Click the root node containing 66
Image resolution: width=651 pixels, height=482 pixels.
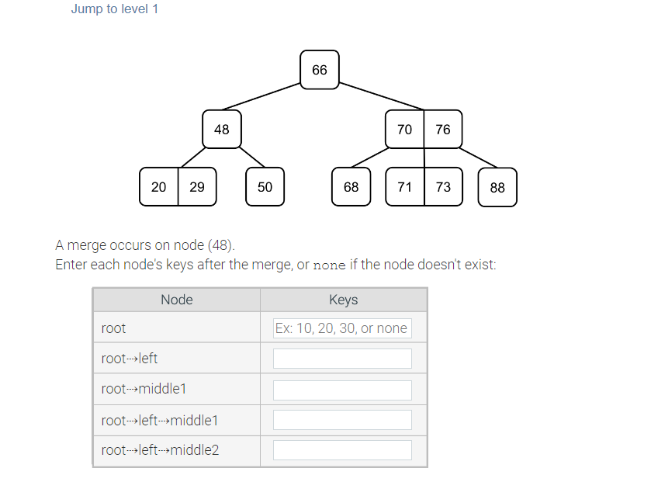[320, 70]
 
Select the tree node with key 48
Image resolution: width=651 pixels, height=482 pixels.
[222, 130]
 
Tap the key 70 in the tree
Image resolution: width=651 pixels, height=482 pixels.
[405, 130]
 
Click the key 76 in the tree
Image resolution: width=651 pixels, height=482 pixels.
[443, 130]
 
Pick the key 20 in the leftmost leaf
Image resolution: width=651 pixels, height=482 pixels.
[159, 187]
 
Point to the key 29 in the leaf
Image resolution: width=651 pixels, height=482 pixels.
[197, 187]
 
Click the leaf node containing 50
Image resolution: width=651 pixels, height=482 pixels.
[265, 187]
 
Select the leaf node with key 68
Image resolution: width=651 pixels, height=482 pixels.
[351, 187]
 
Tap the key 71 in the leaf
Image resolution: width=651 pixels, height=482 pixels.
[405, 187]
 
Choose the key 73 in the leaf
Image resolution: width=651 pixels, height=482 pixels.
[443, 187]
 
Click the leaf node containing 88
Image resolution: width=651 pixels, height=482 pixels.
[497, 188]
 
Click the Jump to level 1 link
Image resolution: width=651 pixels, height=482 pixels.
[114, 9]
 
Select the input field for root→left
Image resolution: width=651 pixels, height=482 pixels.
[342, 359]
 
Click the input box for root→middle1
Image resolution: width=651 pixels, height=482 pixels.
[342, 390]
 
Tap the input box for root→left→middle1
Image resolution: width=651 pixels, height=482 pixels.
[342, 420]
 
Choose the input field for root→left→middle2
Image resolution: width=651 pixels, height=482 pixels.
[342, 450]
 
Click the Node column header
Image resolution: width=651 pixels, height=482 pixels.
[176, 300]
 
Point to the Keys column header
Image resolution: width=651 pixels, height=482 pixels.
[343, 300]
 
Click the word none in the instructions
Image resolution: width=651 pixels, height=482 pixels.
[329, 265]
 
